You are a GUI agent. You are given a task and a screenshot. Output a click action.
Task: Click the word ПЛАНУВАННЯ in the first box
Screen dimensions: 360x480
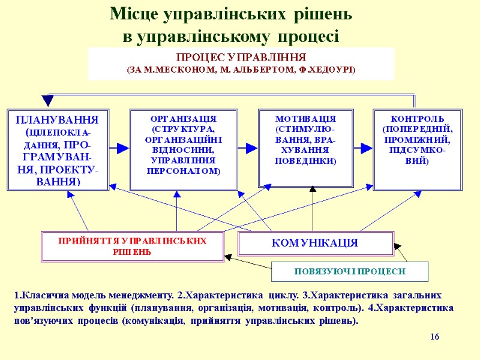(58, 118)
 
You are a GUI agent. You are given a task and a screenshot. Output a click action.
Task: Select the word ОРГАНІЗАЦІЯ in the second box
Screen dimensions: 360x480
(183, 119)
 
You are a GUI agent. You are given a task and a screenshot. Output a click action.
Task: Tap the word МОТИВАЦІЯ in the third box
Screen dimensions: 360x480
(305, 119)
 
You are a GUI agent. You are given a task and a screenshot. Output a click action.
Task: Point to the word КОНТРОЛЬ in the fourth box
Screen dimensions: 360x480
(414, 119)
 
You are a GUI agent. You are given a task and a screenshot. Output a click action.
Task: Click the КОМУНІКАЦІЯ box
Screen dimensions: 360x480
(315, 243)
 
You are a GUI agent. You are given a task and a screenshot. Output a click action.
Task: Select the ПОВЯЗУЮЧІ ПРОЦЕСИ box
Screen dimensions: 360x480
(350, 271)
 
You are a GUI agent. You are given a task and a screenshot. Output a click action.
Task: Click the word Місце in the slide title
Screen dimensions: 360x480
(134, 14)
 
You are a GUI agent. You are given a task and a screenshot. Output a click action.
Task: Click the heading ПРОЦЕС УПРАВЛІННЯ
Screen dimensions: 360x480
(241, 58)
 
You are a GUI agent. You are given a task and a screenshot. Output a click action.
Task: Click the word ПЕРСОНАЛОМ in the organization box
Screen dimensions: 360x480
(183, 171)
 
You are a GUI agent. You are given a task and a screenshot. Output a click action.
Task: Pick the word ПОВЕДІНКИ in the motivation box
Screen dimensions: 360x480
(305, 161)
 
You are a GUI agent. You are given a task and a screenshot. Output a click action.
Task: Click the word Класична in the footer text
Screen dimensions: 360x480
(40, 295)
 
